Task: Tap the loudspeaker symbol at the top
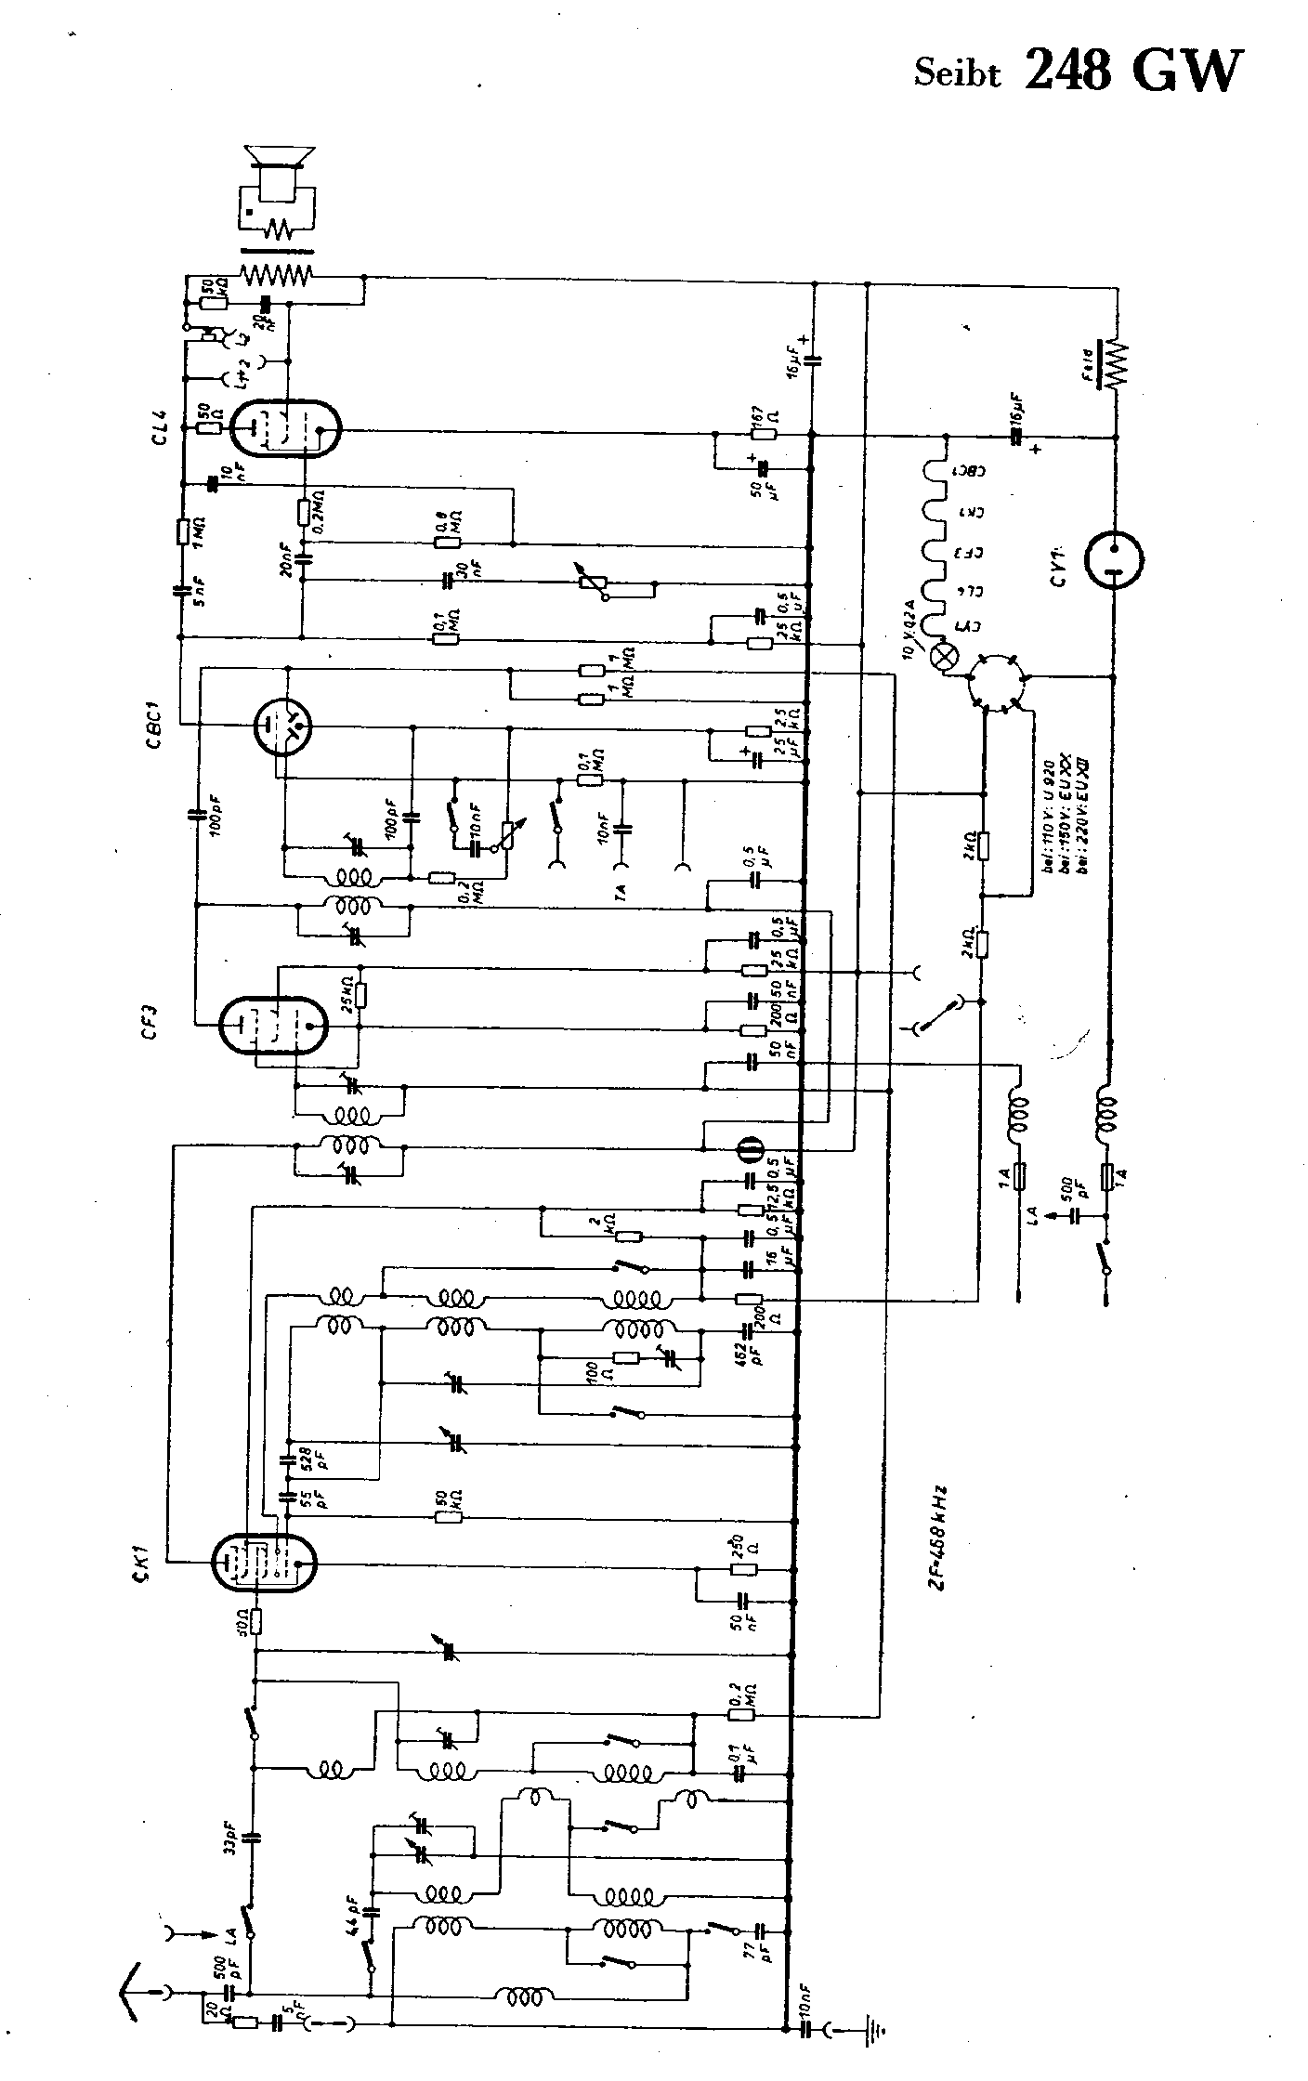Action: point(279,167)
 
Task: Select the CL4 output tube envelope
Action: point(284,429)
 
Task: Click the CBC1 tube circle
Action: point(284,724)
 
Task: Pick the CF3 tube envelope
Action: point(273,1026)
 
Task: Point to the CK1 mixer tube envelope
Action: point(264,1563)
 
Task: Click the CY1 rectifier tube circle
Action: point(1114,559)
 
